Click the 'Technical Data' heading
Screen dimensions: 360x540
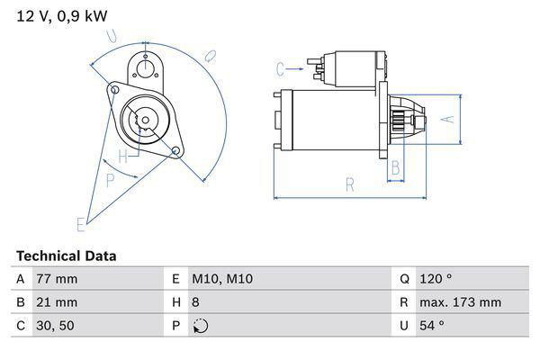(66, 256)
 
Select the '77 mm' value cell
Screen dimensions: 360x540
(56, 280)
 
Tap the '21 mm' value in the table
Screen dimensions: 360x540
(56, 302)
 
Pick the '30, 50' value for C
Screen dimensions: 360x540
(54, 325)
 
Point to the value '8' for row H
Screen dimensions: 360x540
(195, 302)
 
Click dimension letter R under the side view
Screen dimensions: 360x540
(349, 184)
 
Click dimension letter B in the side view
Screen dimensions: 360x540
(394, 168)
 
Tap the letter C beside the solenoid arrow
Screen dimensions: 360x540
(280, 68)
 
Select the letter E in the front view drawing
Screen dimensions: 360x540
(80, 222)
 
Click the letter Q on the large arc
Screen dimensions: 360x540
(209, 56)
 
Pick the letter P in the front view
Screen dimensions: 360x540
(110, 179)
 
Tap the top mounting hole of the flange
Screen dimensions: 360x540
(145, 64)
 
